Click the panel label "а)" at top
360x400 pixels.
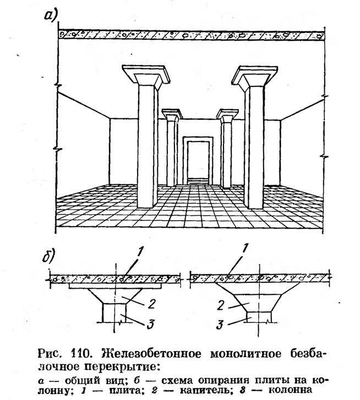click(52, 16)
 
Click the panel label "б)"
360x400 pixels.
click(49, 255)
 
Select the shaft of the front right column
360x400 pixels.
click(254, 147)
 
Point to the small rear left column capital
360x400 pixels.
click(172, 116)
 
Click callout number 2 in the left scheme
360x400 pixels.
click(151, 304)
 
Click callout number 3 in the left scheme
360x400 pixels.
click(150, 324)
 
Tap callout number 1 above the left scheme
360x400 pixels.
click(139, 253)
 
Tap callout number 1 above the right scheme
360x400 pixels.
click(245, 249)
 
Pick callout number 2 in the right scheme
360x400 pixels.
click(221, 306)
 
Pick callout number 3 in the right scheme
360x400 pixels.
click(220, 325)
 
